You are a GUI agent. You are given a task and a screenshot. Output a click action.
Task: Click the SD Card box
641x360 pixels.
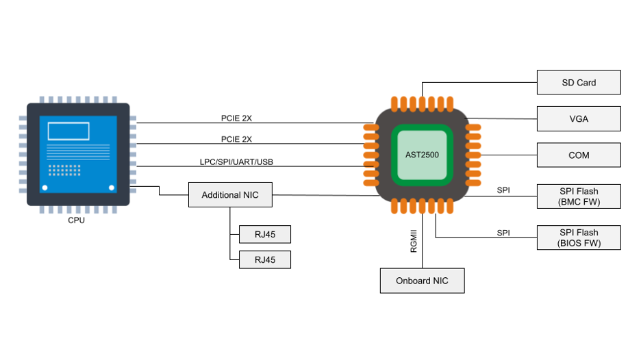[x=579, y=82]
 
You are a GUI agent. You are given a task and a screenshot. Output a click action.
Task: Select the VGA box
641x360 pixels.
[x=579, y=119]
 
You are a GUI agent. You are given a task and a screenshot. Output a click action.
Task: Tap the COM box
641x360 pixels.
[x=579, y=155]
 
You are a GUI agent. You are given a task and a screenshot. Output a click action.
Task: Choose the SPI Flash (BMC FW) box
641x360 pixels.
[x=579, y=196]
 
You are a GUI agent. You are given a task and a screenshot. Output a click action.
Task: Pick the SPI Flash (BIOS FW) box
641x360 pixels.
[x=579, y=237]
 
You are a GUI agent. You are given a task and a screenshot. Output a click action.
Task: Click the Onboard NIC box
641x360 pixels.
[x=422, y=281]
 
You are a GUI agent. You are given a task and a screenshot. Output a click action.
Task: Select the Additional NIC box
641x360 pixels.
[x=230, y=195]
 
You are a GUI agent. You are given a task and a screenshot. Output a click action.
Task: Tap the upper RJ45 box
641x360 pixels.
[x=264, y=234]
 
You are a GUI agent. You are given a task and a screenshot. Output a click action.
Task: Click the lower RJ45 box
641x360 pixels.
[x=264, y=259]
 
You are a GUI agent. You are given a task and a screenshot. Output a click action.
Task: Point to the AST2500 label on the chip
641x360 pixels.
[x=422, y=155]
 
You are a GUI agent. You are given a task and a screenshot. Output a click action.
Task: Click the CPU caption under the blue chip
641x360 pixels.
[x=77, y=221]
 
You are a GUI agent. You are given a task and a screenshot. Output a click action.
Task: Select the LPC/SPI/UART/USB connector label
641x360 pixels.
[x=236, y=162]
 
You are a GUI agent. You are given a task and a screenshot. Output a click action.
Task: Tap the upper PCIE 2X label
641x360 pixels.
[x=236, y=118]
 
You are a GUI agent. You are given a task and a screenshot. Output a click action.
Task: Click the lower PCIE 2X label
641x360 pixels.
[x=236, y=139]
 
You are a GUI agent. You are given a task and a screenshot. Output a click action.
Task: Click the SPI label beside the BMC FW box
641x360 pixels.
[x=503, y=190]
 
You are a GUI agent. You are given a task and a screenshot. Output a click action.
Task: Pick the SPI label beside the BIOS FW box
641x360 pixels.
[x=503, y=233]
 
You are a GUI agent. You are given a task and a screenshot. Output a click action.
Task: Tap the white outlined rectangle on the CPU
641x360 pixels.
[x=68, y=131]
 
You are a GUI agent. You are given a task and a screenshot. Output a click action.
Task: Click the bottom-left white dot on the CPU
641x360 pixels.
[x=45, y=188]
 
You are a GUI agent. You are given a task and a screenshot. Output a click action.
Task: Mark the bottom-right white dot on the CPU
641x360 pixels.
[x=111, y=188]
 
